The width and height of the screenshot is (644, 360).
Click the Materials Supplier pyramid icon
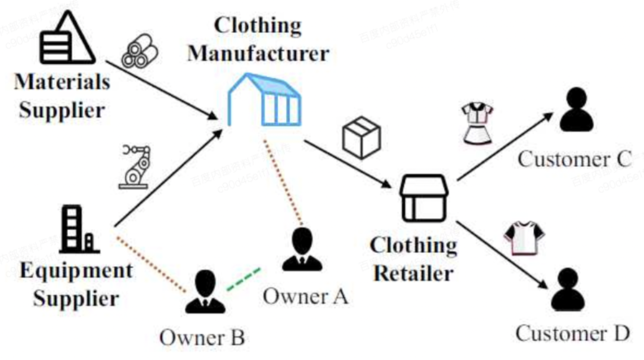[x=67, y=38]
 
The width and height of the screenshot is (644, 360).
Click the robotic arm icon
[x=135, y=166]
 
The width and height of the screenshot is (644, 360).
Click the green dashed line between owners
[x=243, y=280]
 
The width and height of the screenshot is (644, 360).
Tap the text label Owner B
[x=202, y=338]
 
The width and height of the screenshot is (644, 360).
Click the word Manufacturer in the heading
[x=258, y=54]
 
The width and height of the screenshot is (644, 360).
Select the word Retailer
[x=413, y=274]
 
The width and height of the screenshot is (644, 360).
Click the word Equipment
[x=76, y=271]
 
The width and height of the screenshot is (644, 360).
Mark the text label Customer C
[x=574, y=159]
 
